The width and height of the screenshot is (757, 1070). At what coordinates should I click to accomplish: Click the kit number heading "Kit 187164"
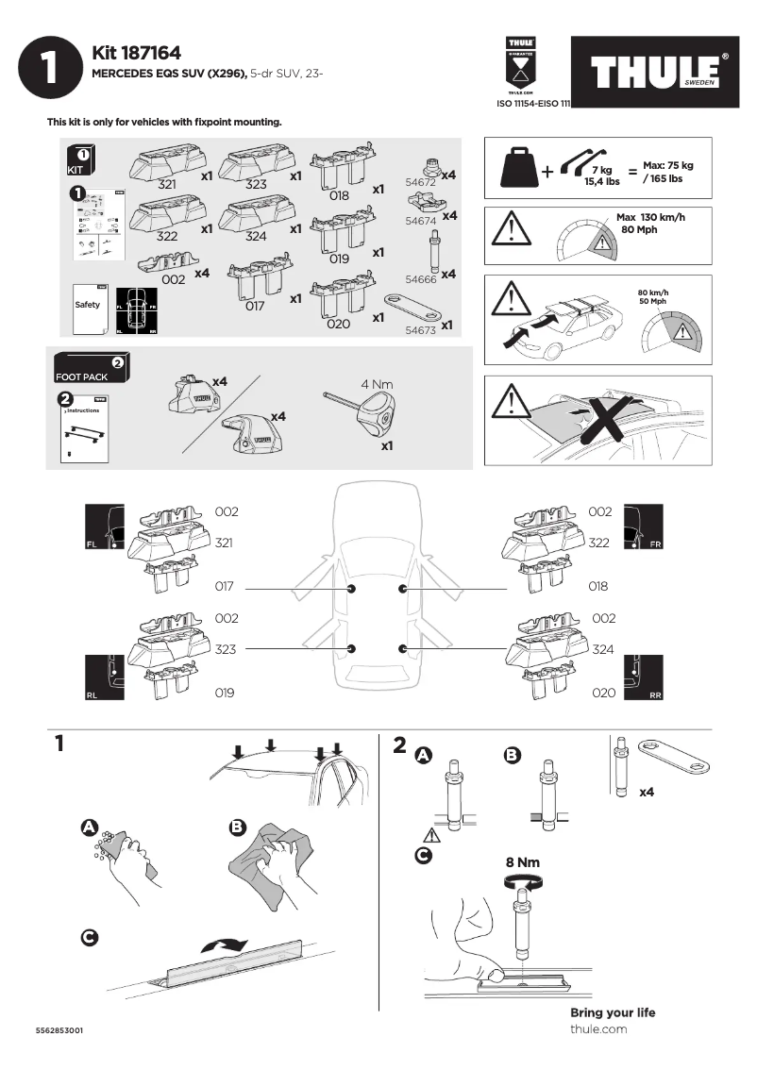136,54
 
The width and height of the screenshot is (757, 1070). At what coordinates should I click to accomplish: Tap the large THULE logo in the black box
657,74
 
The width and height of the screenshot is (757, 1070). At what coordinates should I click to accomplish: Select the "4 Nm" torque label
377,384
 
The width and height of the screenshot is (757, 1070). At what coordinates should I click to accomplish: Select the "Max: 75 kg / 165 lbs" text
668,172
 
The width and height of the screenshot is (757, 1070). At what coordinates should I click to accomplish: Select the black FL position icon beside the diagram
105,527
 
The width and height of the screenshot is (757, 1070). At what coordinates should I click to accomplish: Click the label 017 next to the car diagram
225,587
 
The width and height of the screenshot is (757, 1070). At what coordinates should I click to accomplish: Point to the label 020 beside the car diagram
604,693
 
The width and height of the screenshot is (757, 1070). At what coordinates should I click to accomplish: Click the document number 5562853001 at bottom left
59,1030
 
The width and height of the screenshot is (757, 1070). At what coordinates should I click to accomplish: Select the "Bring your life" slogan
613,1012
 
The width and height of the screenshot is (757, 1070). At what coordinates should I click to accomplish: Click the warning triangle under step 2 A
432,836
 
